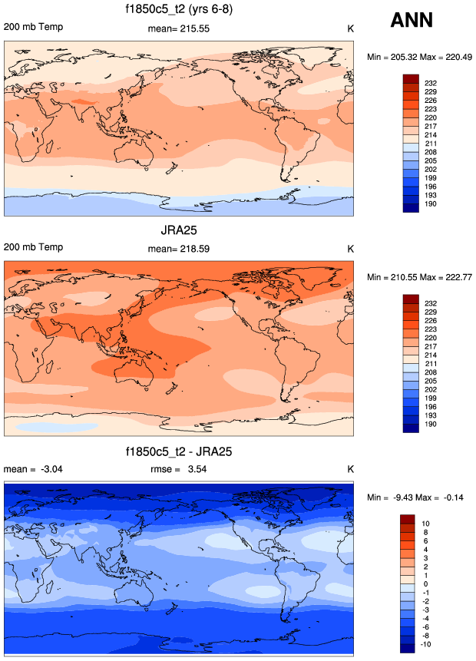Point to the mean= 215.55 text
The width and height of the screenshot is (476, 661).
178,28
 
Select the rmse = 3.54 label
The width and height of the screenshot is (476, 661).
178,469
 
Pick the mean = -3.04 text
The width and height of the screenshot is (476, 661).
27,469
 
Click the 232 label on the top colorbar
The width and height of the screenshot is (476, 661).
431,81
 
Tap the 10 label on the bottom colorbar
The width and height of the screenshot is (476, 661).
428,522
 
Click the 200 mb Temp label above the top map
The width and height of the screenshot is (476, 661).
33,28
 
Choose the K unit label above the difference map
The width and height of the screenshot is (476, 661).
350,469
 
